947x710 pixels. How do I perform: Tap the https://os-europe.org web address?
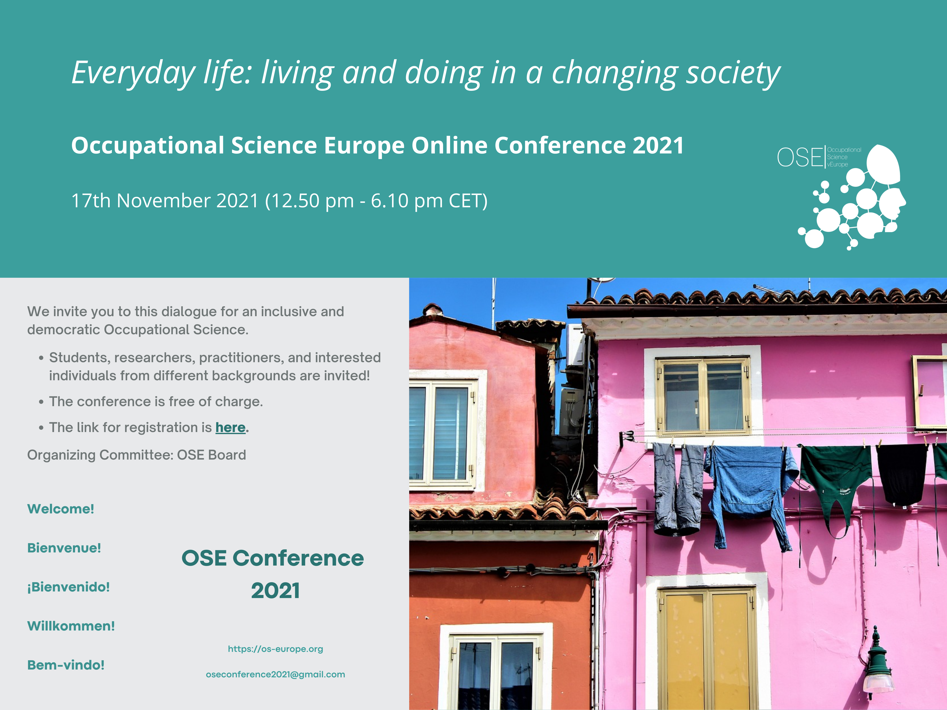275,649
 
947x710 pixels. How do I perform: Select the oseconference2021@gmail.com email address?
275,674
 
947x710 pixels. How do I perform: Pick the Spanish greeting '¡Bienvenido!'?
68,587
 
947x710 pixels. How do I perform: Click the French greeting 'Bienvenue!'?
64,548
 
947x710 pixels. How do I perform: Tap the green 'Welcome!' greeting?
61,509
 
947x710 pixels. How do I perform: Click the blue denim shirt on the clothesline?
751,492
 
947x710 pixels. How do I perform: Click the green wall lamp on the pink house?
878,661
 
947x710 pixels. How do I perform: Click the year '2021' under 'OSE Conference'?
275,591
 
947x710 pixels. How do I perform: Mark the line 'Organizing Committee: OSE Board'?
137,455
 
